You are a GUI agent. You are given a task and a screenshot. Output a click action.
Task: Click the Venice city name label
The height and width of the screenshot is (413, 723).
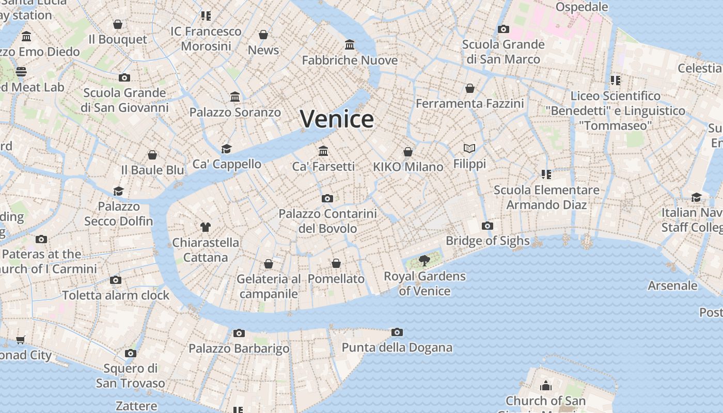point(337,119)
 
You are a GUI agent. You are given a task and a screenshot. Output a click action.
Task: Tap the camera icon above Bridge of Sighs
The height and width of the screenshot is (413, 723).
point(487,226)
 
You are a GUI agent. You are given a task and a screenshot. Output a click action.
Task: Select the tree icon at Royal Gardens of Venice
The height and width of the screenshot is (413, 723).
point(425,261)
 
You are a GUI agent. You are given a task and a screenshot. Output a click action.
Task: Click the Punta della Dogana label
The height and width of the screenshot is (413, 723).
point(397,347)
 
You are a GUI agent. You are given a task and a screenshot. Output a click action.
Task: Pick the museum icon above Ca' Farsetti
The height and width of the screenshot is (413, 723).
point(324,151)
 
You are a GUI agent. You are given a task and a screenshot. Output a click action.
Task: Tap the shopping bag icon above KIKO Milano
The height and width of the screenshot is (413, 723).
point(408,151)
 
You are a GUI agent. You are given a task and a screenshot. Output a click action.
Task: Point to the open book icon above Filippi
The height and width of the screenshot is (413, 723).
point(469,149)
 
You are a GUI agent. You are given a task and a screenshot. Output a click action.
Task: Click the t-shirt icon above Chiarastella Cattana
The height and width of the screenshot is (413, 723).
point(206,227)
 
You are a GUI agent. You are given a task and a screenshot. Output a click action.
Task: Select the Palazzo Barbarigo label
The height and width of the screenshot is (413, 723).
point(239,348)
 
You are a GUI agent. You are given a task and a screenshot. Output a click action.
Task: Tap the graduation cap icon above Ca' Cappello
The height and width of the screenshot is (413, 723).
point(226,149)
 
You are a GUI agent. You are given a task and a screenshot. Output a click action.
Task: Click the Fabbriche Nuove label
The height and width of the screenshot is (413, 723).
point(350,60)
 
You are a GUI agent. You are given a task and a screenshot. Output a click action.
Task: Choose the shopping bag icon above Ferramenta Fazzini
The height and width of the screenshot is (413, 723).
point(469,88)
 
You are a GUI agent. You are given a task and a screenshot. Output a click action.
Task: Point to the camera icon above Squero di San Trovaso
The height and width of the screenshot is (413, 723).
point(130,353)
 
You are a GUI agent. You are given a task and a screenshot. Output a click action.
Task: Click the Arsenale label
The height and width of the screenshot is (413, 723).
point(672,285)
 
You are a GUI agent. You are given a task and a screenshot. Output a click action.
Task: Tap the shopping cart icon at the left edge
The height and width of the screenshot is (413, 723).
point(20,340)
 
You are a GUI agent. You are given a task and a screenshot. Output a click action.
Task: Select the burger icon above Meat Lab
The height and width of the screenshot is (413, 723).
point(21,71)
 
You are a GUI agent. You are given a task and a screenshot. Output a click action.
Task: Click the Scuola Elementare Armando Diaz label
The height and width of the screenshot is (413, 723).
point(546,197)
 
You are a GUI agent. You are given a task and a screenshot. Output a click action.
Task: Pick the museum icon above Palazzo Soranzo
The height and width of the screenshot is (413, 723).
point(235,97)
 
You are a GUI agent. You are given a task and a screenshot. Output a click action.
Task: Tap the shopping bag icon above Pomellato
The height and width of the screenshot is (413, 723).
point(336,263)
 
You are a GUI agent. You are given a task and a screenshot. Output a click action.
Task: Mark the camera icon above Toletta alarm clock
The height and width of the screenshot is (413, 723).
point(116,280)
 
